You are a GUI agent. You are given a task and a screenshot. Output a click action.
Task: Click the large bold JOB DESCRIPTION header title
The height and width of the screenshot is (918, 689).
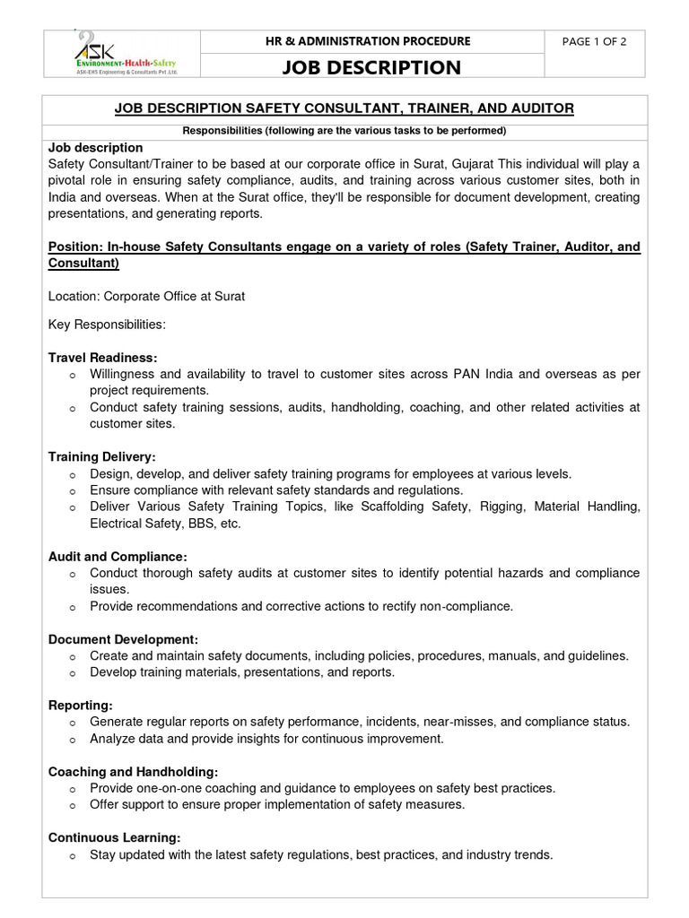[x=371, y=67]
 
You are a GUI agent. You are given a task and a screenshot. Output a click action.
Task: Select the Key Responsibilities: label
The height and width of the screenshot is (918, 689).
[x=107, y=324]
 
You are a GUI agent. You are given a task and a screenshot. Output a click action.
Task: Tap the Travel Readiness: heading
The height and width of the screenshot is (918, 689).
[x=102, y=357]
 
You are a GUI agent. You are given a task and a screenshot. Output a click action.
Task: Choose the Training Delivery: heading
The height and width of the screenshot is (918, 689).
[x=101, y=457]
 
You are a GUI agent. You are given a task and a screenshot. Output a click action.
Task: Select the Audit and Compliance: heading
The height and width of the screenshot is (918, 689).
[x=118, y=557]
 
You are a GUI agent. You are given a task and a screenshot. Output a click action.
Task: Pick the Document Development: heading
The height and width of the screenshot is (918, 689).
[x=123, y=639]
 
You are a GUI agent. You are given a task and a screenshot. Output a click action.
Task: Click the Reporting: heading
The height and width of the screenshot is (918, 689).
[x=81, y=706]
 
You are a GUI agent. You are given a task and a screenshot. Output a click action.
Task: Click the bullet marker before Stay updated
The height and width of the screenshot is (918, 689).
[x=72, y=855]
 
